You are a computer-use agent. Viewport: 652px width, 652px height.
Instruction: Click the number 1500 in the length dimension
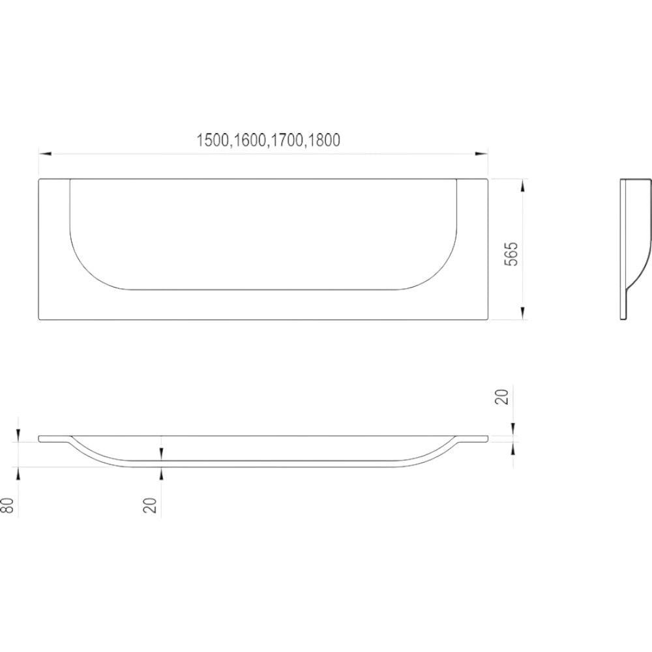pyautogui.click(x=213, y=140)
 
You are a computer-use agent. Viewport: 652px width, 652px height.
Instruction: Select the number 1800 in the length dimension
pyautogui.click(x=324, y=140)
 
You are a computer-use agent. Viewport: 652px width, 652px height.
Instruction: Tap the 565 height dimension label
pyautogui.click(x=511, y=254)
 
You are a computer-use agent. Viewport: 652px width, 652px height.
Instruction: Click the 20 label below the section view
pyautogui.click(x=150, y=505)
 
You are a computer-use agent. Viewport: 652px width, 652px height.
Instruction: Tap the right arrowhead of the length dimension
pyautogui.click(x=482, y=154)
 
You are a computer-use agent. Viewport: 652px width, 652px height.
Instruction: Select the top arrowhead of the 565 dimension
pyautogui.click(x=523, y=185)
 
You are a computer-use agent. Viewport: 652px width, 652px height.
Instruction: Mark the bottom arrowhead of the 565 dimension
pyautogui.click(x=523, y=313)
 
